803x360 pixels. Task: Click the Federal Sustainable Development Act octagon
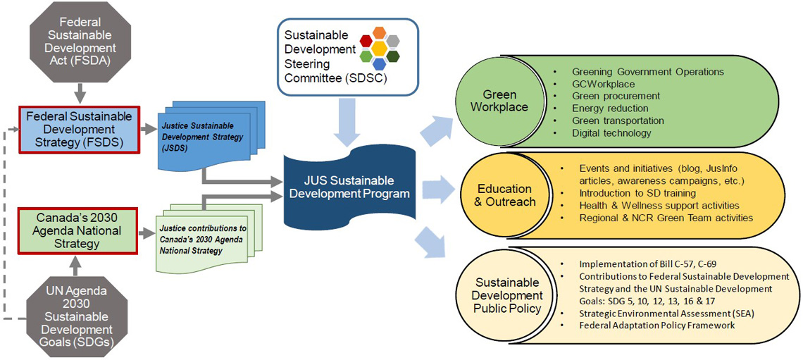pyautogui.click(x=79, y=42)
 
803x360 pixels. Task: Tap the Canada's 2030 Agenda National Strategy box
pyautogui.click(x=69, y=230)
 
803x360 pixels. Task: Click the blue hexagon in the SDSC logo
pyautogui.click(x=380, y=64)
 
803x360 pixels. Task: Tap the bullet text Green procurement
pyautogui.click(x=616, y=96)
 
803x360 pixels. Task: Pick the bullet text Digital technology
pyautogui.click(x=611, y=132)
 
